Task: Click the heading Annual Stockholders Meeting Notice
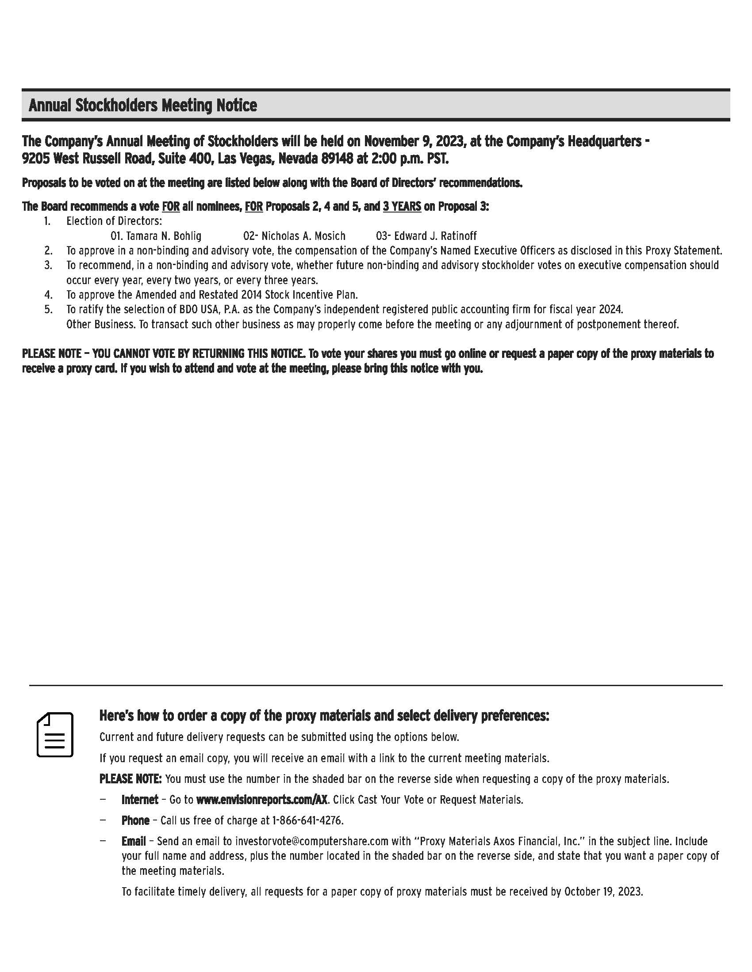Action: (x=142, y=106)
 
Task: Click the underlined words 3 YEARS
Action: (x=402, y=206)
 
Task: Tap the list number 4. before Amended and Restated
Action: (x=48, y=295)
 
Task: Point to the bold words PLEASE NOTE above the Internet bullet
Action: (x=130, y=779)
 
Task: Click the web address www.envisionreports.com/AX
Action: (x=262, y=800)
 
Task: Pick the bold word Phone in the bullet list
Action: (x=135, y=820)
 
